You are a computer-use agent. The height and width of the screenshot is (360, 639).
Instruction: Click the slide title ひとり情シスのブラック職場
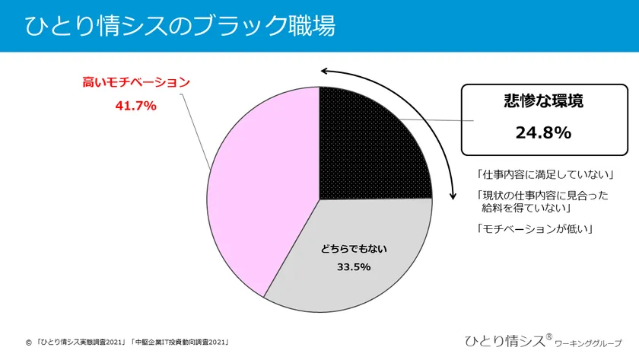point(181,25)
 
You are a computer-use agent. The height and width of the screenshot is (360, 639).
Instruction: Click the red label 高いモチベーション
point(135,82)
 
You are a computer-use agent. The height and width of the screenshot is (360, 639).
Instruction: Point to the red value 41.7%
point(135,106)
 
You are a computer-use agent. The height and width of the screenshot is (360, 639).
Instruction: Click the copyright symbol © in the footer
point(29,342)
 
